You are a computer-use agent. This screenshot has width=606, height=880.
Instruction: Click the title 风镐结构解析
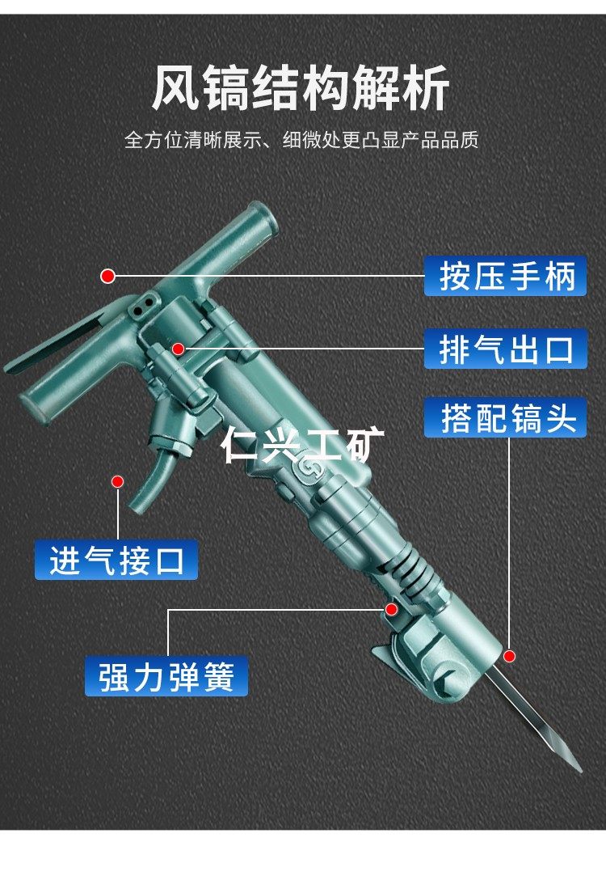pyautogui.click(x=301, y=89)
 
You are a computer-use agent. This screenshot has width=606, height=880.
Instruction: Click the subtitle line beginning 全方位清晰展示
pyautogui.click(x=301, y=140)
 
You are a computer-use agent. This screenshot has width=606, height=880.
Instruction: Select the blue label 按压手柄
pyautogui.click(x=506, y=276)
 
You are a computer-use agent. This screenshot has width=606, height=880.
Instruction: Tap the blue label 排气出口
pyautogui.click(x=506, y=349)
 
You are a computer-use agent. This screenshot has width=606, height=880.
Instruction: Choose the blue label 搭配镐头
pyautogui.click(x=506, y=419)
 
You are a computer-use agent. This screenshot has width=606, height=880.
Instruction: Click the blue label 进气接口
pyautogui.click(x=116, y=560)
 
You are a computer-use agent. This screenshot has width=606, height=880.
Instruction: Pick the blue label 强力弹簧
pyautogui.click(x=166, y=677)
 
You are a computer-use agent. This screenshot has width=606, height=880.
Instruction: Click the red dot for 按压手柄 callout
pyautogui.click(x=107, y=277)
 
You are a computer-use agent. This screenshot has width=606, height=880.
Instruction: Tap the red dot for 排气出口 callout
pyautogui.click(x=179, y=349)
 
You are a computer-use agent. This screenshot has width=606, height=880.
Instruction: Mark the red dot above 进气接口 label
pyautogui.click(x=117, y=481)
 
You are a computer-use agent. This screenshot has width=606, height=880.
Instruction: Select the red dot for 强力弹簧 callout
pyautogui.click(x=391, y=609)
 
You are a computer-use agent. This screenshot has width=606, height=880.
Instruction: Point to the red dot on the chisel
pyautogui.click(x=509, y=655)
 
